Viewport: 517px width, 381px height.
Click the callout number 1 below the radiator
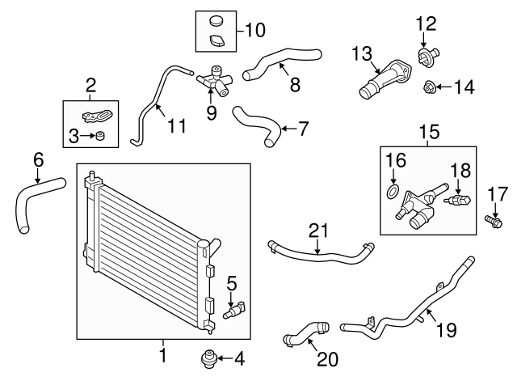click(162, 353)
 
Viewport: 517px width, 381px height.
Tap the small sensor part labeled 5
click(236, 311)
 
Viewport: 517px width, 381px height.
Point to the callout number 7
click(304, 128)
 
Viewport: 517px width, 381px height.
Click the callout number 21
click(317, 230)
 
